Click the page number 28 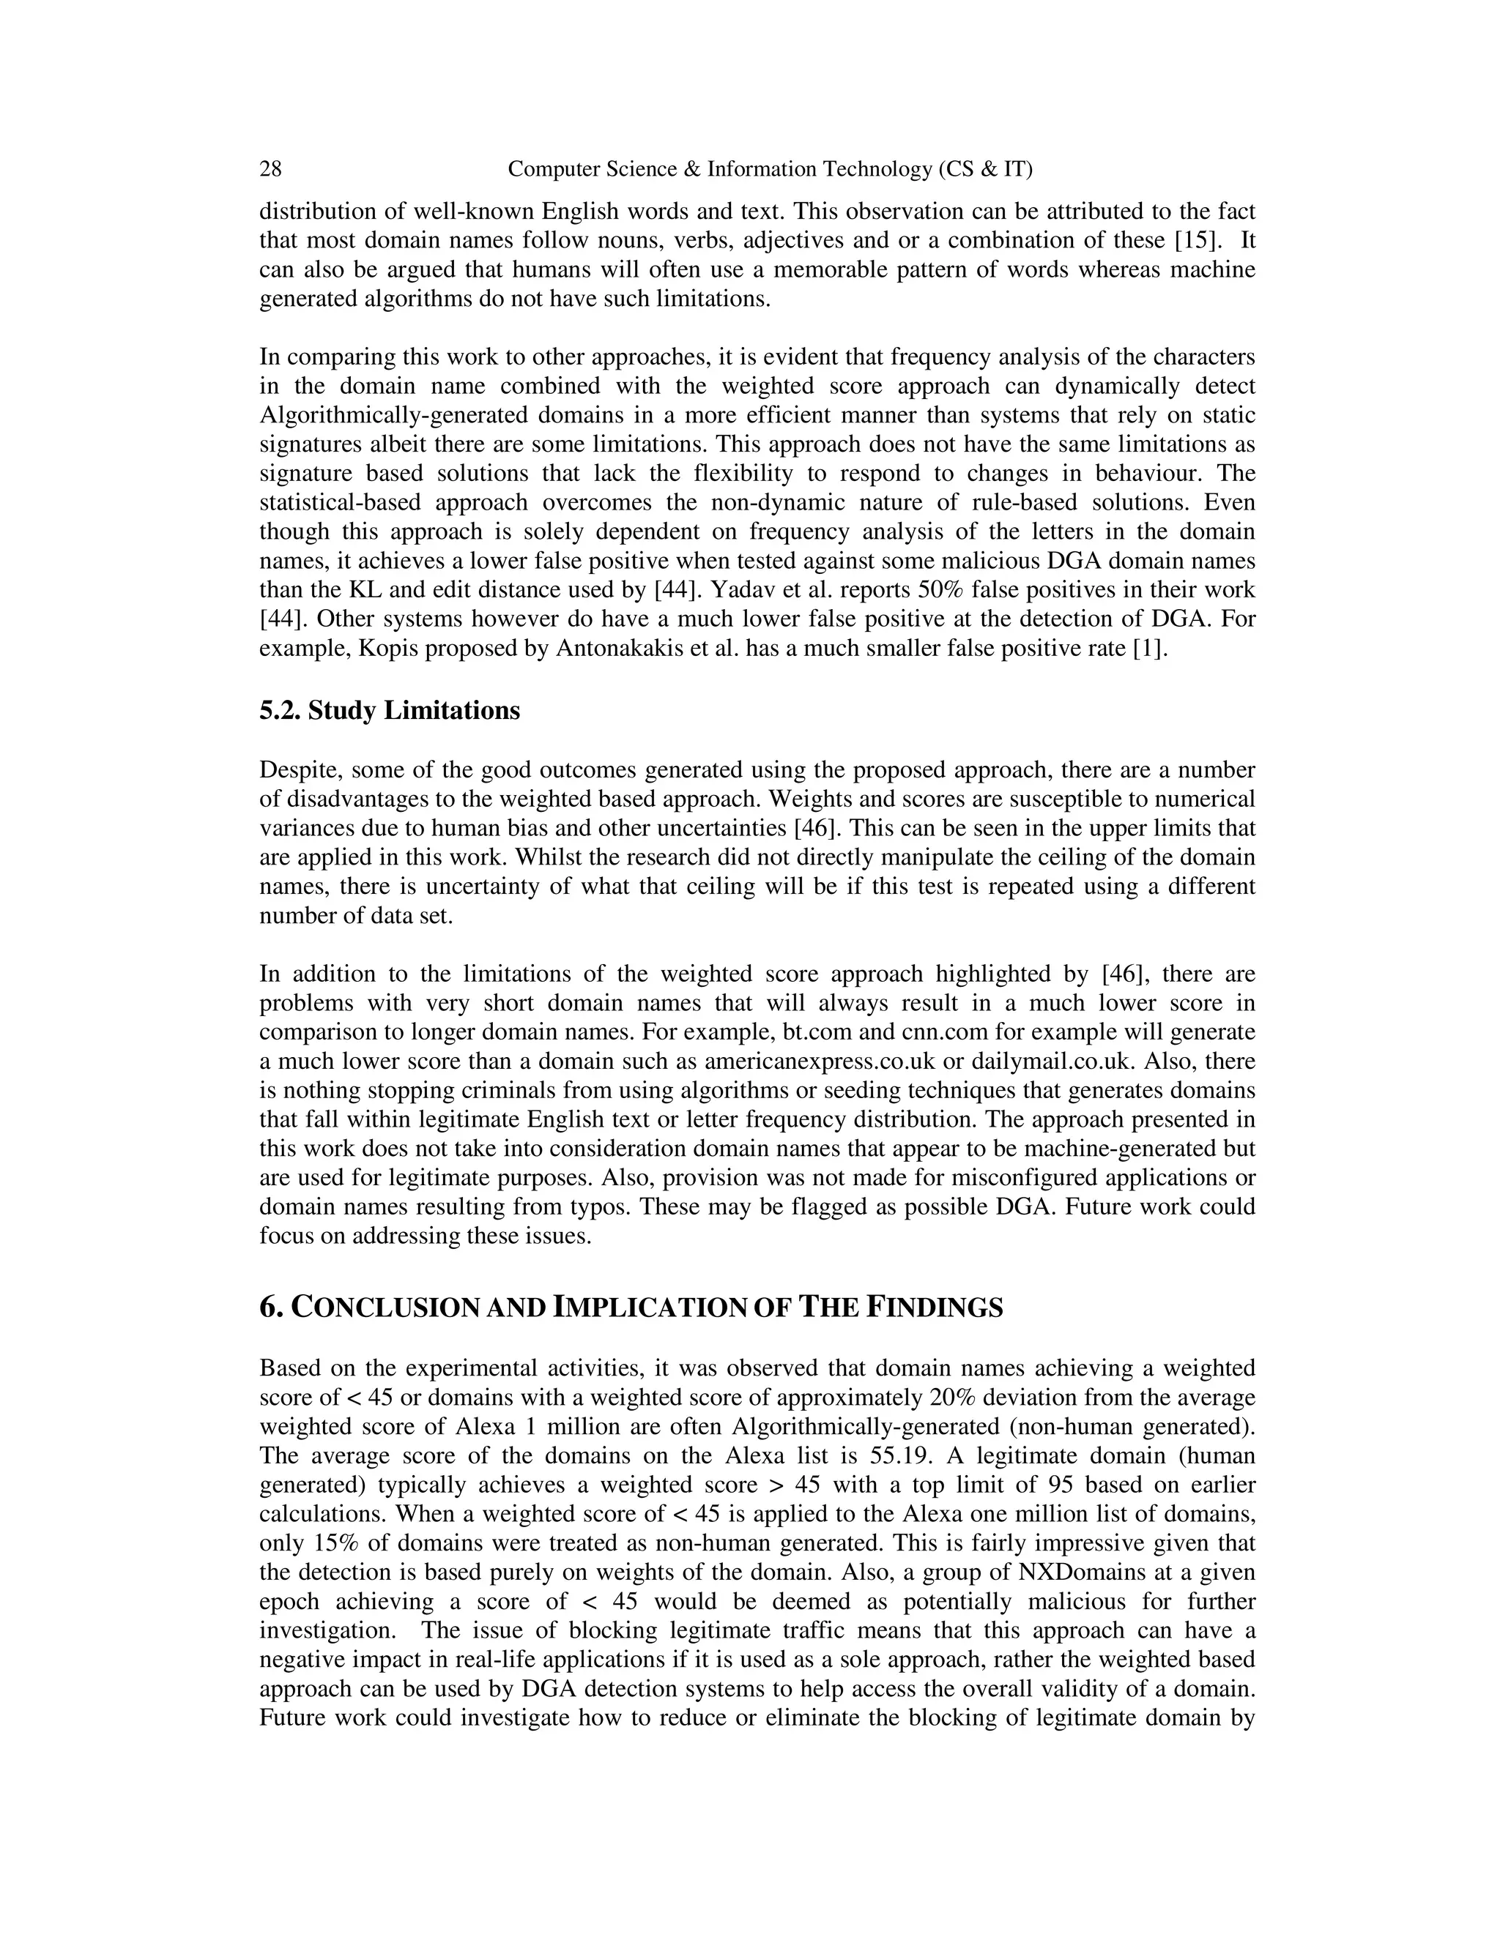[270, 169]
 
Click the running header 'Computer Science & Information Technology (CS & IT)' [770, 169]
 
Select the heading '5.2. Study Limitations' [389, 711]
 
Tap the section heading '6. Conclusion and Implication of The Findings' [631, 1307]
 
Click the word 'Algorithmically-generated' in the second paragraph [370, 416]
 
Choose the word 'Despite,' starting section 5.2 [297, 770]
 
